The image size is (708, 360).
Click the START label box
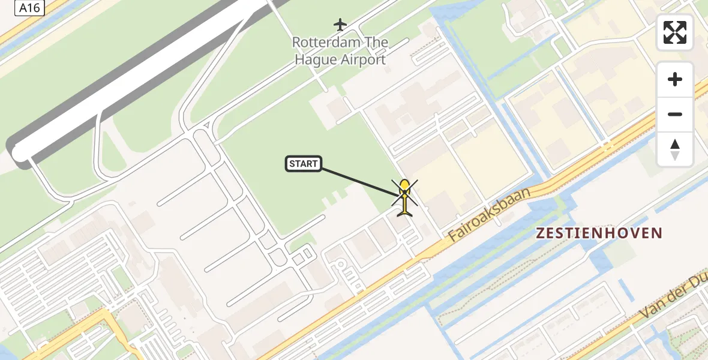point(304,164)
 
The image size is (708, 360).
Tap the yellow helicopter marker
point(406,196)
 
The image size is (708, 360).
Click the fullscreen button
point(675,32)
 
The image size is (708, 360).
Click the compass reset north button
point(675,149)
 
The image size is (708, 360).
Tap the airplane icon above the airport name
point(340,25)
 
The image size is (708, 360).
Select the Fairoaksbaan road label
point(490,214)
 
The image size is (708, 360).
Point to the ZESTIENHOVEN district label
point(599,233)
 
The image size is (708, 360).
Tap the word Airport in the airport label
point(362,59)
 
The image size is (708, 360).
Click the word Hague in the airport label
point(317,59)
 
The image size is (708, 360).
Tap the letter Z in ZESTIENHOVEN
point(541,233)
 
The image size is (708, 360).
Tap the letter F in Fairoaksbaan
point(455,234)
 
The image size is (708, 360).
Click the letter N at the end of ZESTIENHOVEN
point(657,233)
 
